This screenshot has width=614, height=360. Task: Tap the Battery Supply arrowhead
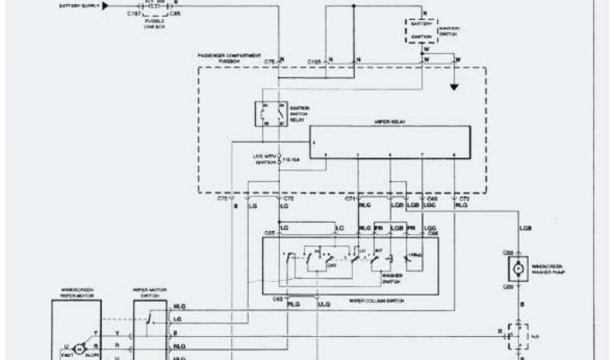(105, 6)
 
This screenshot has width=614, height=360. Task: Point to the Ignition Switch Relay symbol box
(271, 113)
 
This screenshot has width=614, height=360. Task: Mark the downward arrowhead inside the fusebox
(455, 88)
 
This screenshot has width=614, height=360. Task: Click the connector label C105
(315, 61)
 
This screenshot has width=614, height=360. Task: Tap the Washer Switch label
(392, 279)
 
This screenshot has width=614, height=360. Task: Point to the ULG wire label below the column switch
(324, 304)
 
